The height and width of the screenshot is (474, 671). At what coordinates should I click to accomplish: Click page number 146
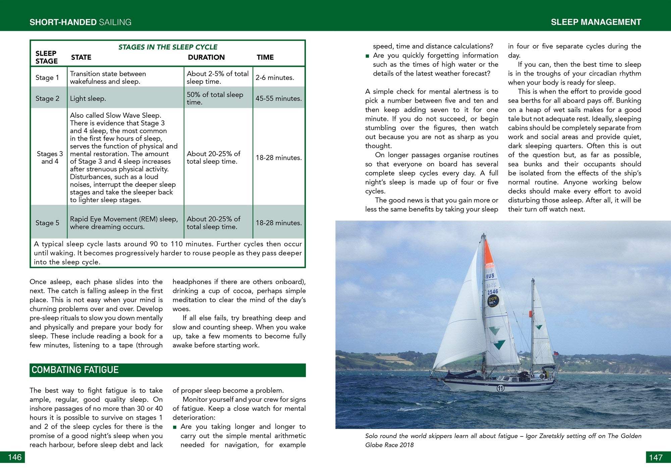point(14,457)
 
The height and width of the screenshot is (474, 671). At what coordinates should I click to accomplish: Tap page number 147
point(656,457)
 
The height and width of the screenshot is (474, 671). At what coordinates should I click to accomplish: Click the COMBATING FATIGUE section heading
point(75,370)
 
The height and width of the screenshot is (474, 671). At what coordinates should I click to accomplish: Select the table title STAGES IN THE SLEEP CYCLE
point(168,47)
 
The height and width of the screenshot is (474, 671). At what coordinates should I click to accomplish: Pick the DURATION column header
point(206,57)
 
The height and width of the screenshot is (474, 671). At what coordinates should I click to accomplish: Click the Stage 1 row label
point(47,78)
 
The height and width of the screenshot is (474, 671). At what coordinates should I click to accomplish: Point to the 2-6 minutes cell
point(275,78)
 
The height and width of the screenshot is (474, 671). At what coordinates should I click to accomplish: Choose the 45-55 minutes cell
point(278,98)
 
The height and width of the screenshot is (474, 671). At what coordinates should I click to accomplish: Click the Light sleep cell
point(88,98)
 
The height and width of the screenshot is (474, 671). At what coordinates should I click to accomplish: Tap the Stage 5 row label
point(47,223)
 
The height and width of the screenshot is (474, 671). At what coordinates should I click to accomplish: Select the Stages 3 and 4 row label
point(50,157)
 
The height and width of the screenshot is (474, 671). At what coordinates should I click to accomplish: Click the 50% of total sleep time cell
point(215,98)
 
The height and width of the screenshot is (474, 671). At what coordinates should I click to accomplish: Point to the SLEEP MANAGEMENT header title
point(596,22)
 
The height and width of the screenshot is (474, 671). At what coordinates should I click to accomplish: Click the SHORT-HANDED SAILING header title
point(81,22)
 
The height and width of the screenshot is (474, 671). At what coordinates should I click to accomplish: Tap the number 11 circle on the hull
point(500,388)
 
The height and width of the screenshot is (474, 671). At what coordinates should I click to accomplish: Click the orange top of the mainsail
point(489,253)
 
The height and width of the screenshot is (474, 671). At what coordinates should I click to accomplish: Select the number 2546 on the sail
point(493,292)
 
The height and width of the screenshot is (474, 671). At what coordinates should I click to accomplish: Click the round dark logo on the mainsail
point(493,301)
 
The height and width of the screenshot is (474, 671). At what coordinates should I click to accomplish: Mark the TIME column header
point(265,57)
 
